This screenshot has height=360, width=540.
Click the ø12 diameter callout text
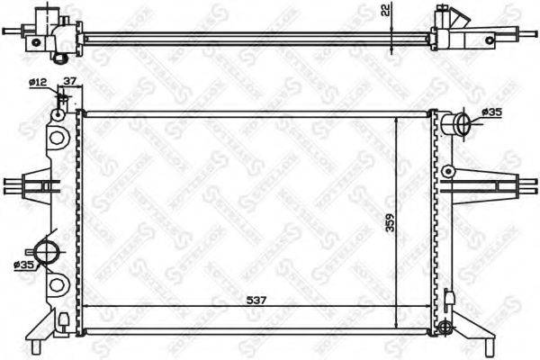pyautogui.click(x=38, y=83)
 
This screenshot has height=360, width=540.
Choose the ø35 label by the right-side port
pyautogui.click(x=491, y=112)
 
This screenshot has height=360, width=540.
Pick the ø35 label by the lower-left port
pyautogui.click(x=24, y=265)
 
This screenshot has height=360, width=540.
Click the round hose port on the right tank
pyautogui.click(x=459, y=123)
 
